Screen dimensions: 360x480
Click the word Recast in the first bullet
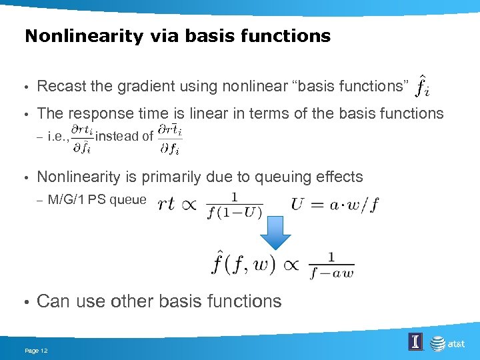tap(59, 86)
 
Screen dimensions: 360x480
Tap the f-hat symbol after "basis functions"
tap(421, 85)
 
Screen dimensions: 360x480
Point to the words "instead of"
tap(125, 137)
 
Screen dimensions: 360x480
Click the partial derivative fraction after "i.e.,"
tap(83, 137)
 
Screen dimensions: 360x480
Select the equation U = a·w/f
tap(335, 204)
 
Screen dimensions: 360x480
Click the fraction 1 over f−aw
tap(331, 265)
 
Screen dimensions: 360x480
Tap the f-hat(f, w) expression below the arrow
tap(243, 263)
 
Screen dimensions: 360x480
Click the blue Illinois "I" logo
tap(415, 343)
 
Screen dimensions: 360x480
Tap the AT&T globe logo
tap(437, 343)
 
